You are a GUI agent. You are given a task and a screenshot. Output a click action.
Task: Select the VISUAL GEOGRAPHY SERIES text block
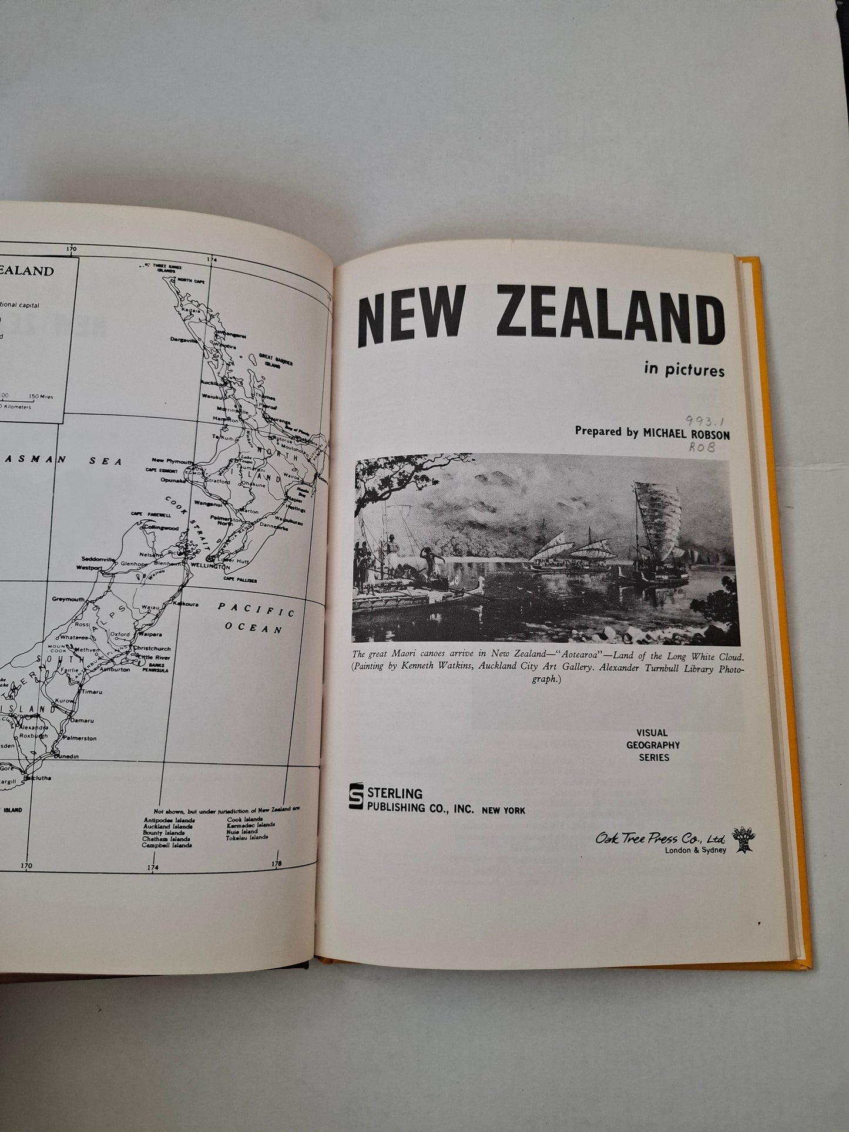653,745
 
